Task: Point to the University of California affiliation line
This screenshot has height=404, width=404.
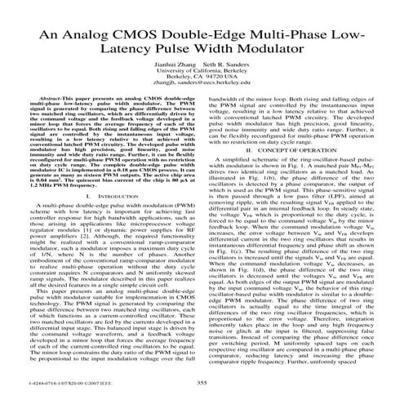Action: tap(201, 84)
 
